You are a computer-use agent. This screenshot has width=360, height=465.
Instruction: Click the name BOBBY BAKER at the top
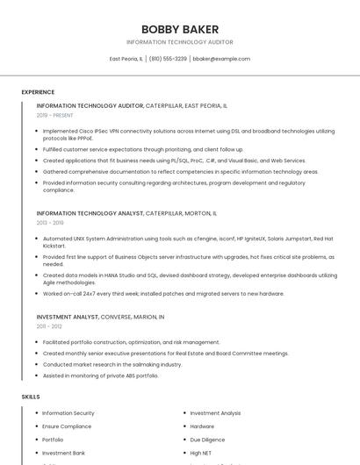[180, 29]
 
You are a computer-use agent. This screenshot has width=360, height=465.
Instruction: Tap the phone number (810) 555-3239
[168, 59]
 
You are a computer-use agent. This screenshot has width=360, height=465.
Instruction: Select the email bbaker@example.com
[221, 59]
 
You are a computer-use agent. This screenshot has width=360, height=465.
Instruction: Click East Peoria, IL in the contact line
[126, 59]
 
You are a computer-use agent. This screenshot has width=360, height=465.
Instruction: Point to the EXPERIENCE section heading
[38, 92]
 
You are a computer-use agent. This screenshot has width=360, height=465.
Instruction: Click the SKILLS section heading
[31, 397]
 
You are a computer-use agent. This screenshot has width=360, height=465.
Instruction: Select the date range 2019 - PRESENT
[55, 115]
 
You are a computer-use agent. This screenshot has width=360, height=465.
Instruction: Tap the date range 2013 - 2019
[50, 223]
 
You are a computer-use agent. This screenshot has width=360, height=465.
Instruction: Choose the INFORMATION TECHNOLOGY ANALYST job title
[90, 213]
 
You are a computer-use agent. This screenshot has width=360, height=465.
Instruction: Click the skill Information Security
[68, 413]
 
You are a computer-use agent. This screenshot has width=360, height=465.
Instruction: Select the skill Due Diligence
[207, 440]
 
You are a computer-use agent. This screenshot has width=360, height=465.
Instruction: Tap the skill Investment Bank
[63, 453]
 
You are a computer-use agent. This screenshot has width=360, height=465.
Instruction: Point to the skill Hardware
[202, 426]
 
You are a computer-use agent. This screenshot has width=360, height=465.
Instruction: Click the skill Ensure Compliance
[67, 426]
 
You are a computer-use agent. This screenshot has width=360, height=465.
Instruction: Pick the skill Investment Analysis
[215, 413]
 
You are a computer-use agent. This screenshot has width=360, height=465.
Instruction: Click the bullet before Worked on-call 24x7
[37, 294]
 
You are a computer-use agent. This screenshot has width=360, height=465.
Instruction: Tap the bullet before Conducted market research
[37, 364]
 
